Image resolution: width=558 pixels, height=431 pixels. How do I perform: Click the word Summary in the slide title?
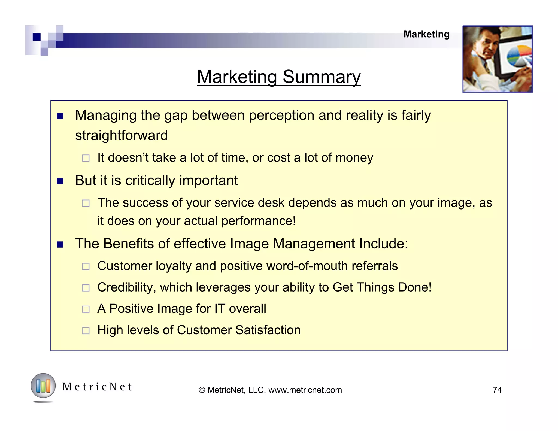coord(322,77)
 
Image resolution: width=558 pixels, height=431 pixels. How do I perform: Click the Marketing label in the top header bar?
coord(426,34)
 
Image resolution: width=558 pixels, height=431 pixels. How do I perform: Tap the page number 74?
coord(497,390)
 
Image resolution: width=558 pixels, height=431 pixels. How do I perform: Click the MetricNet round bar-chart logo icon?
coord(43,386)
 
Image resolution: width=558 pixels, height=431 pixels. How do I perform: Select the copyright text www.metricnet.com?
coord(305,390)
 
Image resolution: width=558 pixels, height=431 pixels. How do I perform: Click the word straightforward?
coord(121,135)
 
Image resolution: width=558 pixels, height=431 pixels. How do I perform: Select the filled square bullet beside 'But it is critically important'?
coord(60,181)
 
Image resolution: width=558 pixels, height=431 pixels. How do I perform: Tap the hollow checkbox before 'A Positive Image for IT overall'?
coord(86,309)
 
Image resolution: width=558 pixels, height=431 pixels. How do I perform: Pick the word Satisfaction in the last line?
coord(268,330)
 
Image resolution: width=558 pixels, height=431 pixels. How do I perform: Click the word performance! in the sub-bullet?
coord(258,221)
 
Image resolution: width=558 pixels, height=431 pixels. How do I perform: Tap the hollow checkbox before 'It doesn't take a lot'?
coord(86,158)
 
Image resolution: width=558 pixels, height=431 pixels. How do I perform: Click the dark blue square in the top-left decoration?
coord(37,37)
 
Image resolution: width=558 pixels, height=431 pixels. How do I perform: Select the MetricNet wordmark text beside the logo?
coord(97,387)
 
